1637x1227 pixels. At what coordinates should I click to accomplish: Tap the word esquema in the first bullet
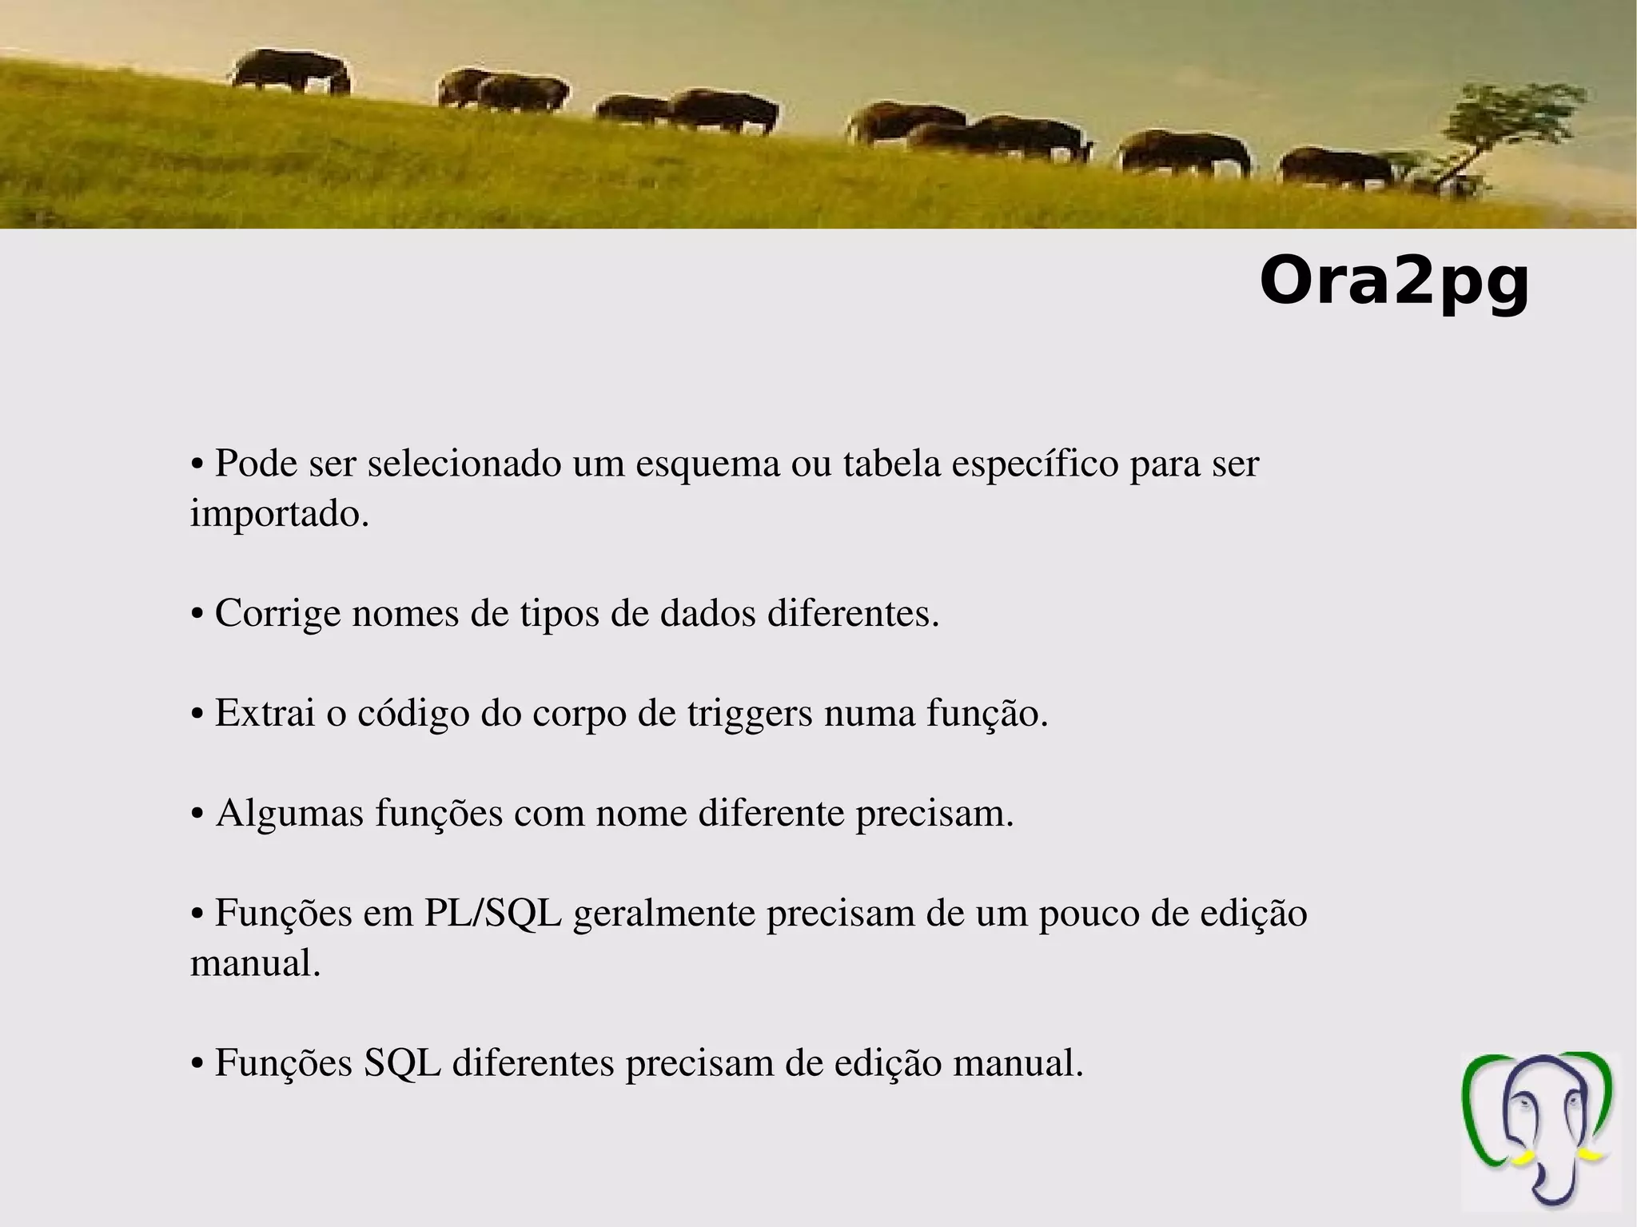click(x=707, y=464)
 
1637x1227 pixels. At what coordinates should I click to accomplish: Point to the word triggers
click(x=749, y=714)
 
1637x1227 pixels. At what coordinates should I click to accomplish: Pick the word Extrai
click(x=265, y=713)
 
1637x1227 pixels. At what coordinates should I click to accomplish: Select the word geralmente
click(x=664, y=914)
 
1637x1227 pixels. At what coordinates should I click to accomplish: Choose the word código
click(x=412, y=714)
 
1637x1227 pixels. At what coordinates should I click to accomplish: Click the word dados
click(x=707, y=614)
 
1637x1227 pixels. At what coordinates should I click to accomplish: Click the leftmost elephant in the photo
click(x=289, y=72)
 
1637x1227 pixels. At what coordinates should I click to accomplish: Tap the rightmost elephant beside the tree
click(x=1335, y=169)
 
